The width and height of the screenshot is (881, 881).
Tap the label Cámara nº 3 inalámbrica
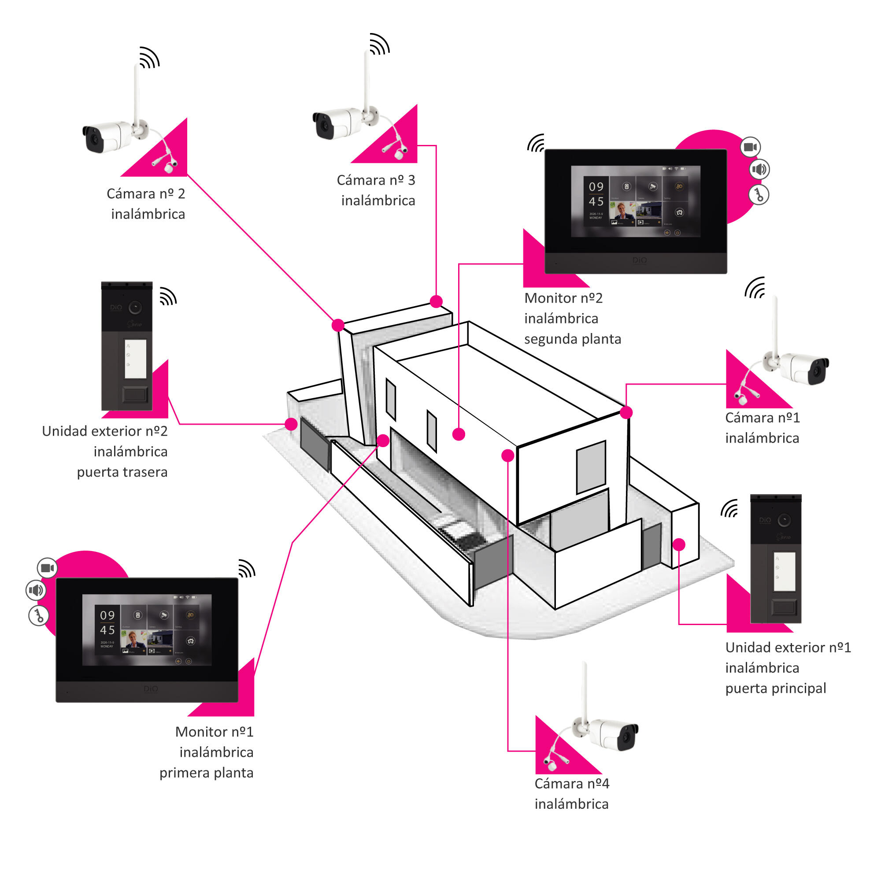coord(377,190)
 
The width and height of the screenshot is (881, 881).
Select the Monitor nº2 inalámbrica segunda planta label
coord(572,318)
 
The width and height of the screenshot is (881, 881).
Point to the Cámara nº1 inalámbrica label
coord(762,428)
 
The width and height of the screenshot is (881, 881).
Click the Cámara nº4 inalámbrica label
coord(571,793)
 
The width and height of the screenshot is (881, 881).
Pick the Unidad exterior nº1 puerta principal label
coord(788,668)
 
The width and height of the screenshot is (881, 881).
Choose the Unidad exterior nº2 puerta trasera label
coord(105,452)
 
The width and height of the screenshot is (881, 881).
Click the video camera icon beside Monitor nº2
coord(750,147)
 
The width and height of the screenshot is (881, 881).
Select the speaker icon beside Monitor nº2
coord(759,170)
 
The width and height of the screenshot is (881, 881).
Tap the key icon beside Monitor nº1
coord(39,616)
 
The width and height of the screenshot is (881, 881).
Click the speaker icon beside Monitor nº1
coord(36,591)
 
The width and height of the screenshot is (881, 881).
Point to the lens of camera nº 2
coord(94,138)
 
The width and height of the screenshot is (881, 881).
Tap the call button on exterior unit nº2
coord(135,394)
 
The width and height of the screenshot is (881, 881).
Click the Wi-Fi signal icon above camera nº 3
coord(379,44)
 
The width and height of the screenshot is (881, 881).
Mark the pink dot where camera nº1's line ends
coord(626,413)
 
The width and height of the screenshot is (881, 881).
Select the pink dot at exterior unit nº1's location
coord(679,544)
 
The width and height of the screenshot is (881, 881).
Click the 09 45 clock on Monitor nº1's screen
coord(107,622)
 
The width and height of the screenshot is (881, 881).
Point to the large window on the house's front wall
coord(591,467)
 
